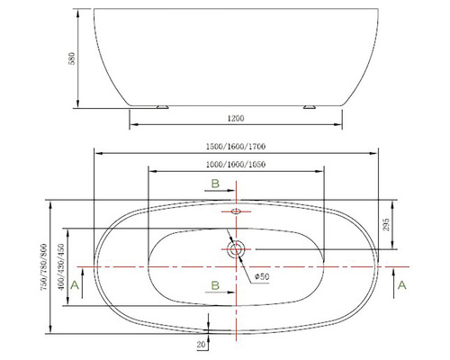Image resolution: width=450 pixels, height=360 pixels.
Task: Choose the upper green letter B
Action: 214,184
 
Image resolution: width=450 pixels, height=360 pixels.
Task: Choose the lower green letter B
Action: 214,285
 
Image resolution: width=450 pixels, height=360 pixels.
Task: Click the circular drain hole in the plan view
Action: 237,249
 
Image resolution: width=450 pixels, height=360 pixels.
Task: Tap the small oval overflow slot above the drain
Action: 237,212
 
